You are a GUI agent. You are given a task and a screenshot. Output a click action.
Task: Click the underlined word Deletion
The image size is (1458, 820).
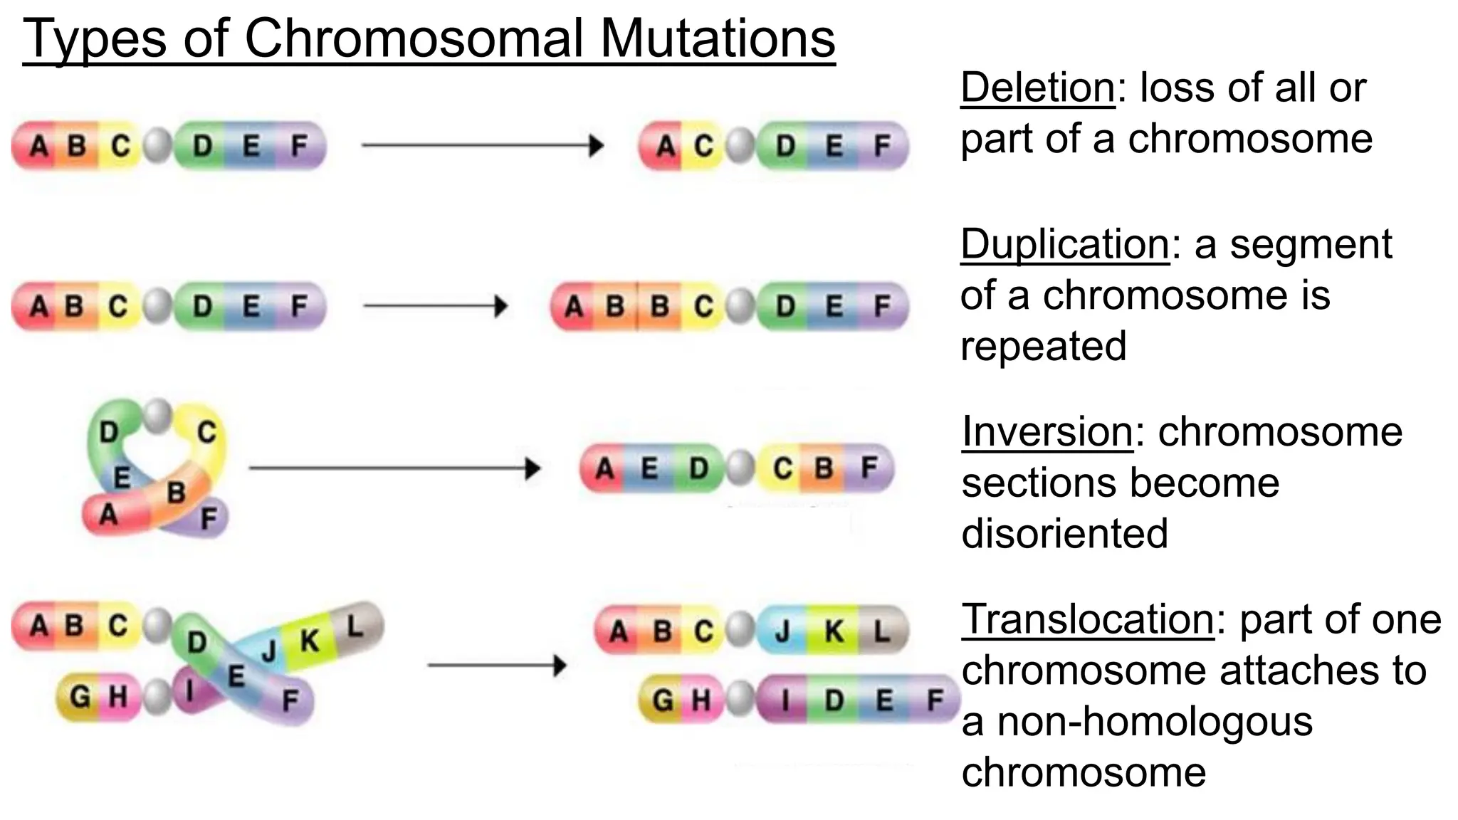tap(1037, 88)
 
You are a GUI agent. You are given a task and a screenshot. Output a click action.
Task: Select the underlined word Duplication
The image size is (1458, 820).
tap(1064, 244)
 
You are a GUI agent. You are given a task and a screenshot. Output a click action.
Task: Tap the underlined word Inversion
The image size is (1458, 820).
tap(1047, 431)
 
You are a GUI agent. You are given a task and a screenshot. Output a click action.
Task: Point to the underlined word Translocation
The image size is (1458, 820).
tap(1087, 619)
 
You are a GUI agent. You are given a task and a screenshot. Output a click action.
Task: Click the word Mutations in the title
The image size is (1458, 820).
tap(718, 38)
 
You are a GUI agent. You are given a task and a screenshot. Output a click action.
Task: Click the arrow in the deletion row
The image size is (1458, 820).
tap(482, 146)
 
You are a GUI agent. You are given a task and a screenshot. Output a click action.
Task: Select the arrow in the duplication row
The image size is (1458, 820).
tap(435, 307)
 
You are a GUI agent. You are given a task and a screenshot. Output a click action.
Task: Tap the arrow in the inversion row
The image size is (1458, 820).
tap(394, 468)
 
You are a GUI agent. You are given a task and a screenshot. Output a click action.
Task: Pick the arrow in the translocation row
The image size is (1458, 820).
tap(496, 666)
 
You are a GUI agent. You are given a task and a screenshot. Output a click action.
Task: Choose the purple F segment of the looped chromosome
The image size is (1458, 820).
tap(209, 519)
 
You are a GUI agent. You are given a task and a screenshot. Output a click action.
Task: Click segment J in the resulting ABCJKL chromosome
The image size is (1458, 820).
tap(782, 631)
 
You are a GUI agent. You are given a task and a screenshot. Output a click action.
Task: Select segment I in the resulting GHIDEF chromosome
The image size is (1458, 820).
tap(785, 700)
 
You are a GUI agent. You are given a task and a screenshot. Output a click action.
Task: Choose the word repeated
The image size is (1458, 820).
tap(1043, 346)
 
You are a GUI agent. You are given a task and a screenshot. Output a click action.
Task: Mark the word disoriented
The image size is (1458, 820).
tap(1064, 533)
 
